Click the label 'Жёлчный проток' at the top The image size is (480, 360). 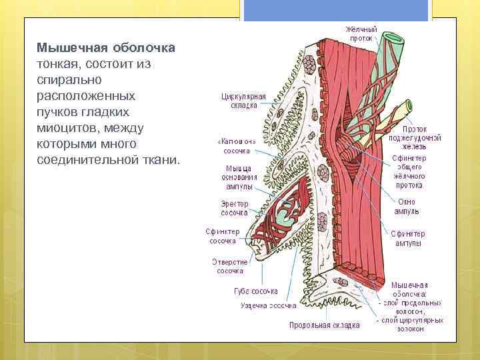click(x=361, y=34)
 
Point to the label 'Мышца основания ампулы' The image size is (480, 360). click(x=238, y=177)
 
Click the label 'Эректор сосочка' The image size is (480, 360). click(x=234, y=208)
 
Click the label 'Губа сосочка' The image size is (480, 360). click(x=256, y=291)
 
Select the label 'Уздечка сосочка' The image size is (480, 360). click(x=268, y=306)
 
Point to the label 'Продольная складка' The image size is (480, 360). click(x=324, y=325)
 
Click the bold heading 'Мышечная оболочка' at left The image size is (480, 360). click(x=106, y=49)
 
